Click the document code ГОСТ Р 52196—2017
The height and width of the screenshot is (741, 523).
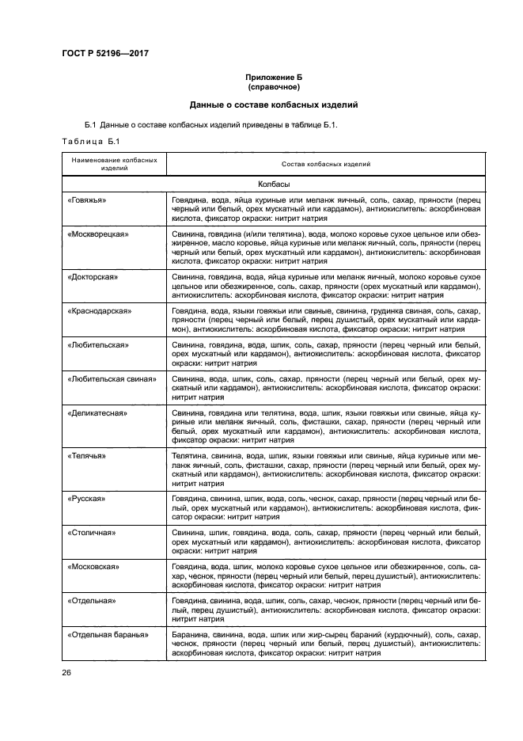click(105, 52)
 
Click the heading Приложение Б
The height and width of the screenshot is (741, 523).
click(274, 77)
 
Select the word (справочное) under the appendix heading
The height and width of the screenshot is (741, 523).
click(274, 86)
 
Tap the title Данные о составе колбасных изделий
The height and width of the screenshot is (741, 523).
click(274, 104)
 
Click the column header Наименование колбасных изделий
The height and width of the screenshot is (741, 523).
click(114, 164)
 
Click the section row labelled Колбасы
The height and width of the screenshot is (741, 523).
click(274, 184)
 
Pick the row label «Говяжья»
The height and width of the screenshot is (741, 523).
click(88, 200)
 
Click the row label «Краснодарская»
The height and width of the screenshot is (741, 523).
click(100, 311)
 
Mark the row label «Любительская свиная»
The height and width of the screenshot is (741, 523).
click(112, 379)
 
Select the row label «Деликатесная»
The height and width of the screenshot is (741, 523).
click(98, 413)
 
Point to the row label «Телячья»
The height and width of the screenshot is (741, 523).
click(87, 457)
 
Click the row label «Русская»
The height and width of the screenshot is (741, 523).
click(86, 500)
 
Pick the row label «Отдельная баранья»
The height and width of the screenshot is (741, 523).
click(109, 636)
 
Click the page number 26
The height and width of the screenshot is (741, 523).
click(66, 673)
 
